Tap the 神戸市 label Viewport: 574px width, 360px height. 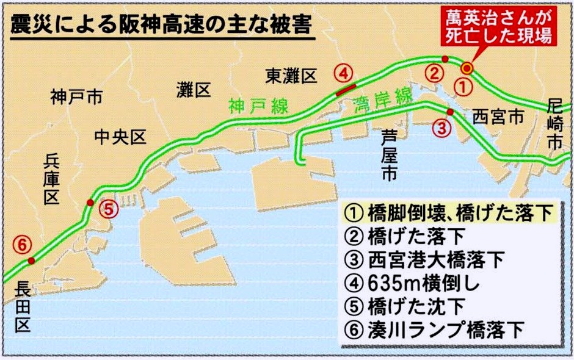[x=76, y=96]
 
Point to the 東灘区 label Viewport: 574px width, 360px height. [x=292, y=76]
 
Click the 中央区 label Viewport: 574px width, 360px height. [x=121, y=138]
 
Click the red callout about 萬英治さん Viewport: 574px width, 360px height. [x=499, y=28]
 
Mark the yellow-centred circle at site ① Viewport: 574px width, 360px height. [x=467, y=68]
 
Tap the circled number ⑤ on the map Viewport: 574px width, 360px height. [x=108, y=209]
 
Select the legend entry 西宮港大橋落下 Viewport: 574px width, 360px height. [x=436, y=261]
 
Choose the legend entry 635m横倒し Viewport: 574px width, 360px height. [x=421, y=284]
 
